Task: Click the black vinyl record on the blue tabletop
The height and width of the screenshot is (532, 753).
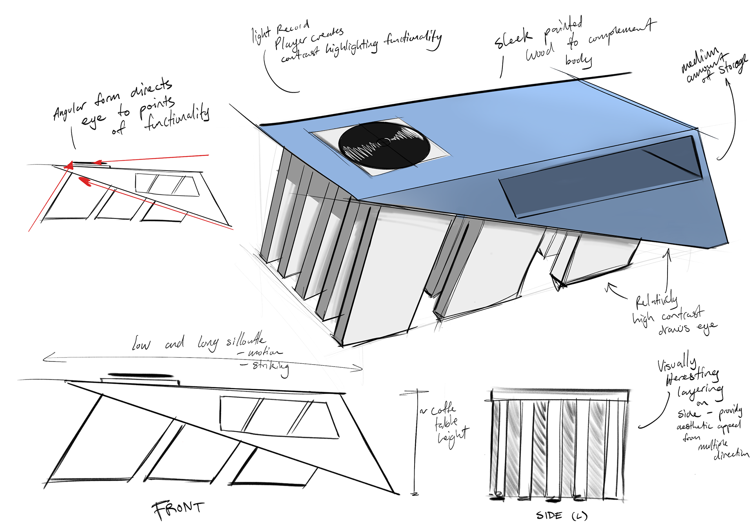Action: (384, 145)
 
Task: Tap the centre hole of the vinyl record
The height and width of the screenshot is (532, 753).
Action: (385, 142)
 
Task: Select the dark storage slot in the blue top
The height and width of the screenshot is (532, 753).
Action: (600, 176)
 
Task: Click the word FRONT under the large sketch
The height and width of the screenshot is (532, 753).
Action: (178, 509)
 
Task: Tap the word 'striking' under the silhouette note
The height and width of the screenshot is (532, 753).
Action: (271, 367)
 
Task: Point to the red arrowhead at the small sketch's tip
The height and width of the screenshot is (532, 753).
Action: (69, 166)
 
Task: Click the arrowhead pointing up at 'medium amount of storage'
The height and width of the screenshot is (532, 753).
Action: (728, 82)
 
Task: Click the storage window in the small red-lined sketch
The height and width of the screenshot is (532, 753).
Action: (167, 185)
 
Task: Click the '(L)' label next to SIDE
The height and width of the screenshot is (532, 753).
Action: (579, 516)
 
